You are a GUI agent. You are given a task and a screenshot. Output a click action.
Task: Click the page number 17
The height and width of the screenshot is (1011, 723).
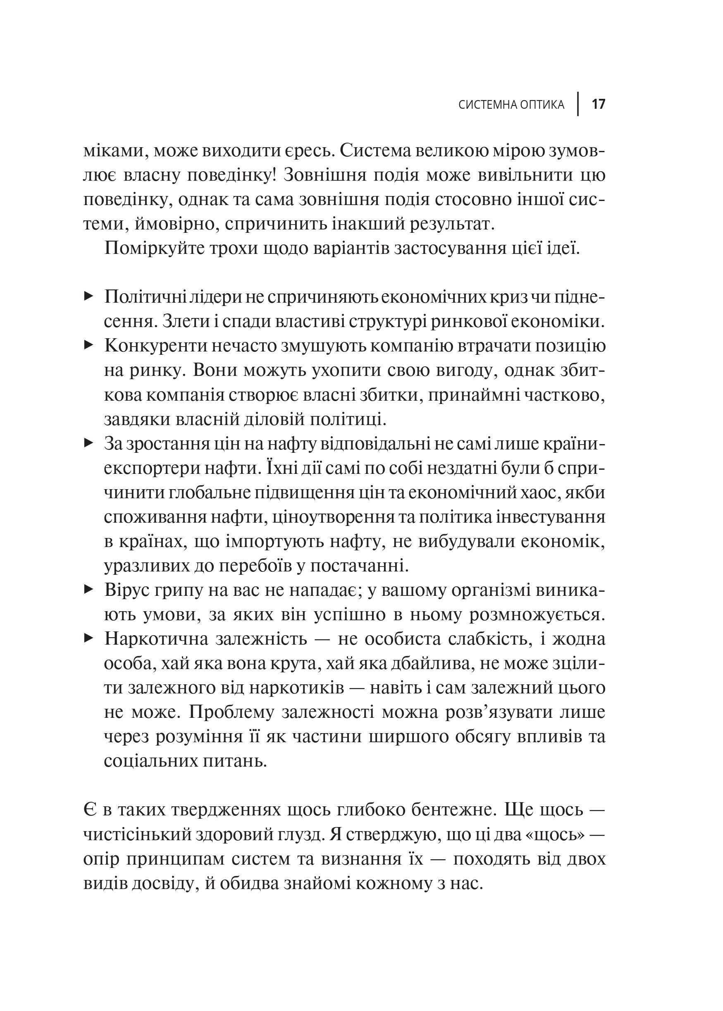[x=598, y=105]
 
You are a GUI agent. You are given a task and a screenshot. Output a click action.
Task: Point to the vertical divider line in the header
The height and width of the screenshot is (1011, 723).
[x=578, y=104]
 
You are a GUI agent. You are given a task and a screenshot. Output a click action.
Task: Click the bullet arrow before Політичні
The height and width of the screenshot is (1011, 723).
[x=88, y=296]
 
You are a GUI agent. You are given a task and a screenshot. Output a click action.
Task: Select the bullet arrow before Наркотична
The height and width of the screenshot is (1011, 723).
[x=88, y=639]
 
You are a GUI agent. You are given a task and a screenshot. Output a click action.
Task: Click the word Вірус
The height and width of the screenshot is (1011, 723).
[x=128, y=590]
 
